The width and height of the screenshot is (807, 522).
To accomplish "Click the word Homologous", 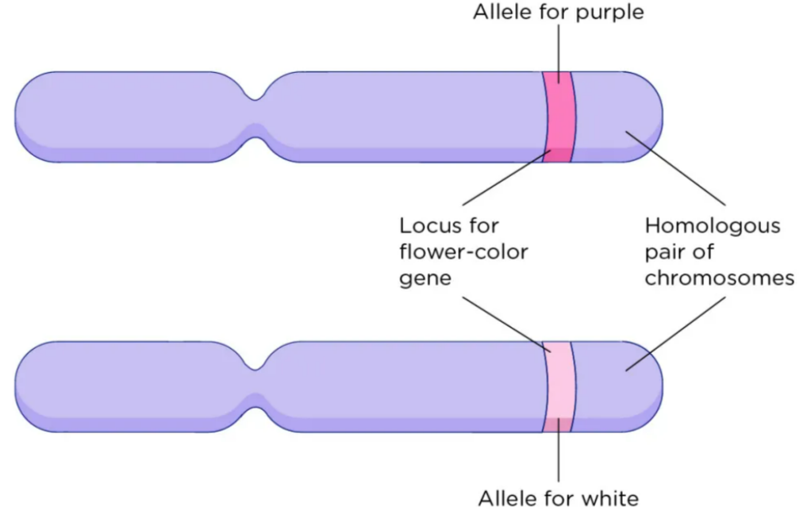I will [712, 226].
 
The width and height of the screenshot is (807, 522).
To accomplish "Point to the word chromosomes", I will [719, 278].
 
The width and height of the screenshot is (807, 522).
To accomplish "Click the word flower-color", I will [463, 253].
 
